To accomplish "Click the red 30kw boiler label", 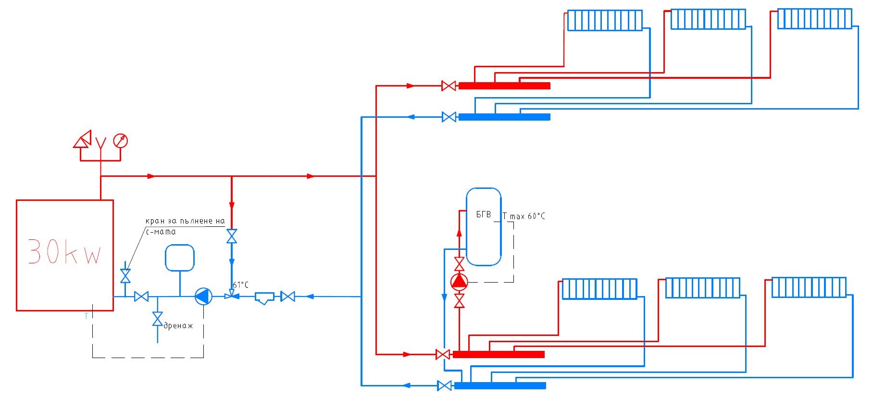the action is (65, 251).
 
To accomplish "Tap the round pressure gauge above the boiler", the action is (121, 141).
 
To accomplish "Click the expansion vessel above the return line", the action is (180, 258).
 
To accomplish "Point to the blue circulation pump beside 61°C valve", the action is (203, 297).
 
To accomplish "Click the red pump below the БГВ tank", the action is (459, 281).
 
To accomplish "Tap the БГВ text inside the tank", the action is (484, 214).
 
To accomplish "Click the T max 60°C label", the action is (524, 216).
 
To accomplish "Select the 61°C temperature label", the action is (241, 285).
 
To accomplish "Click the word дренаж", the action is (178, 326).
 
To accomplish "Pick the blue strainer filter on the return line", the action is (264, 298).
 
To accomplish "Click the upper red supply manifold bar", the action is (504, 86).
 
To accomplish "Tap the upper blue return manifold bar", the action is (504, 117).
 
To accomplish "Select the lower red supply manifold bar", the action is (499, 355).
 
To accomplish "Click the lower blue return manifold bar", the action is (500, 385).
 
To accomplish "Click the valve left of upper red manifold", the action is (449, 86).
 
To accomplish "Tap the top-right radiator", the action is (815, 19).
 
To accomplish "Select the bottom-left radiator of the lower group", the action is (599, 289).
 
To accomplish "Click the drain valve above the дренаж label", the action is (157, 319).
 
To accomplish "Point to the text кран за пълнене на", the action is (185, 221).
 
